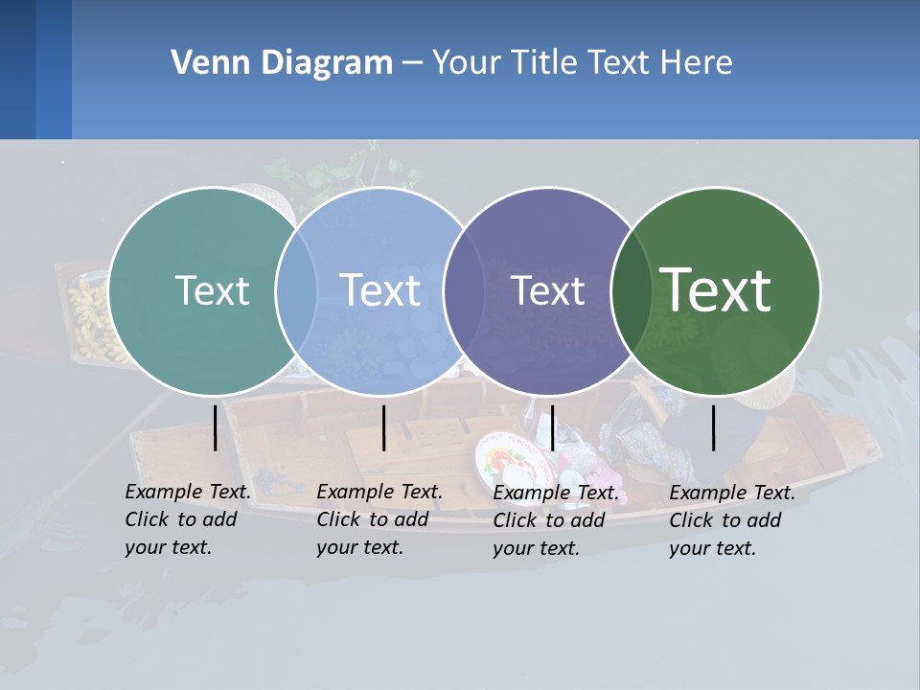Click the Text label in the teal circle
tap(212, 290)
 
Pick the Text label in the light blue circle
tap(380, 290)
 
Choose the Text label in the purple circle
tap(548, 290)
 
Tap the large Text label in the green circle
tap(716, 289)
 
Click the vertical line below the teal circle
tap(216, 427)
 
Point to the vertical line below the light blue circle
tap(383, 427)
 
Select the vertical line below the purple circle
tap(552, 427)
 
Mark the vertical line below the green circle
tap(714, 427)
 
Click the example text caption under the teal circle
tap(188, 519)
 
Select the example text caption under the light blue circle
tap(379, 519)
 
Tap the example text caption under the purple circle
tap(556, 520)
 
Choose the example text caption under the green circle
tap(732, 520)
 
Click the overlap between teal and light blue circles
tap(296, 291)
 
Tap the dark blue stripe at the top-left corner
tap(17, 69)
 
